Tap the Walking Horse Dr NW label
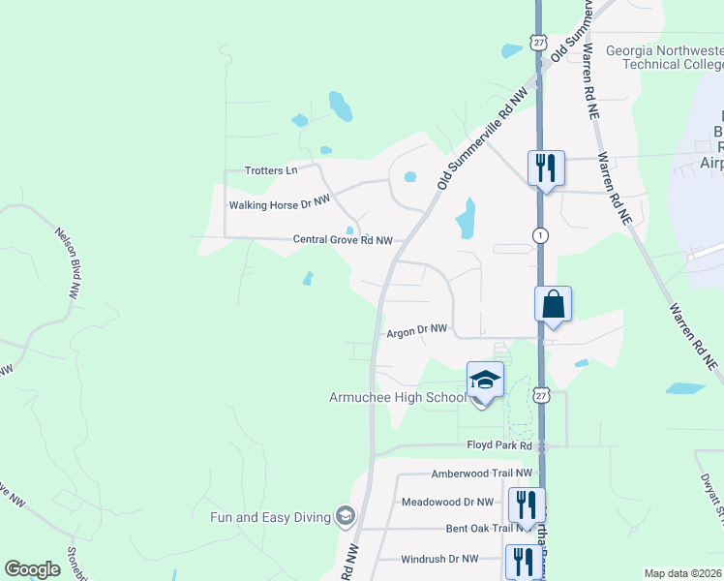pyautogui.click(x=280, y=205)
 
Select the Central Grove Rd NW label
pyautogui.click(x=330, y=240)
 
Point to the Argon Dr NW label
pyautogui.click(x=417, y=331)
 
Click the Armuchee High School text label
pyautogui.click(x=398, y=397)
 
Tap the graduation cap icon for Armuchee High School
pyautogui.click(x=485, y=380)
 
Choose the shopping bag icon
pyautogui.click(x=553, y=304)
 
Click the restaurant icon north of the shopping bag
pyautogui.click(x=546, y=168)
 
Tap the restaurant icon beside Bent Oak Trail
pyautogui.click(x=527, y=505)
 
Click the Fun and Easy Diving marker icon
pyautogui.click(x=344, y=516)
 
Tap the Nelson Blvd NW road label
pyautogui.click(x=67, y=261)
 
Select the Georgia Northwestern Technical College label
pyautogui.click(x=664, y=57)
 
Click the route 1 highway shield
pyautogui.click(x=540, y=235)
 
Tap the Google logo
pyautogui.click(x=32, y=569)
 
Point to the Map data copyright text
pyautogui.click(x=683, y=573)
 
